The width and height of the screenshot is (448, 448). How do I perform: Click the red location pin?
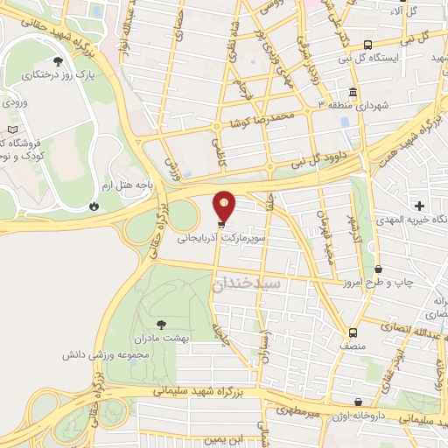click(225, 206)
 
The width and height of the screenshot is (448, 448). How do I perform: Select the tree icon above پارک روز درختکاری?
click(58, 61)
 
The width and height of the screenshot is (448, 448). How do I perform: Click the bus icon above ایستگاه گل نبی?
click(367, 44)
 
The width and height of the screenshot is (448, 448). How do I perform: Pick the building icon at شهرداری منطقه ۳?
click(353, 93)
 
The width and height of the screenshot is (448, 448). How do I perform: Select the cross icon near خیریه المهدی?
click(420, 205)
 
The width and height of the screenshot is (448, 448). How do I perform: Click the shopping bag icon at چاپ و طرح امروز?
click(378, 269)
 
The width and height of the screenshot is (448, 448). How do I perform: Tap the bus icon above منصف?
click(353, 332)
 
